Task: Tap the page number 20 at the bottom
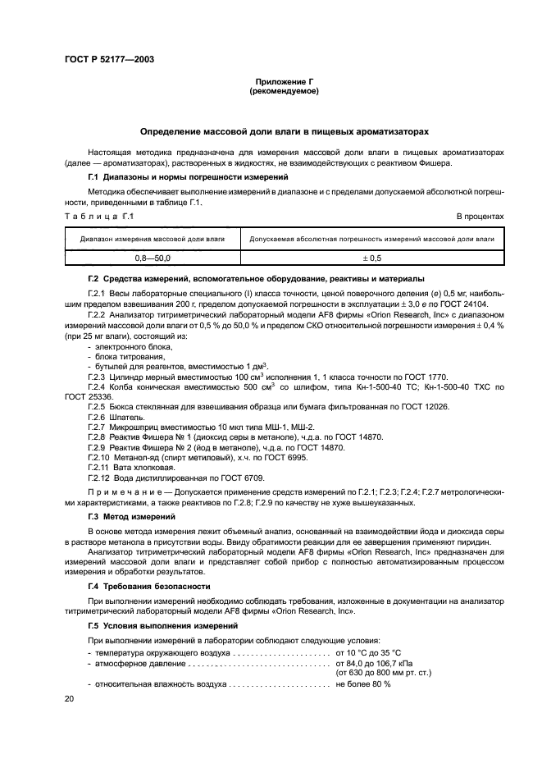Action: [69, 697]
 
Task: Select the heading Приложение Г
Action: [283, 83]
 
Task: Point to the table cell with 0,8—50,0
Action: [153, 258]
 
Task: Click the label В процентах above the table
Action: [480, 216]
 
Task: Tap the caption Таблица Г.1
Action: [98, 216]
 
